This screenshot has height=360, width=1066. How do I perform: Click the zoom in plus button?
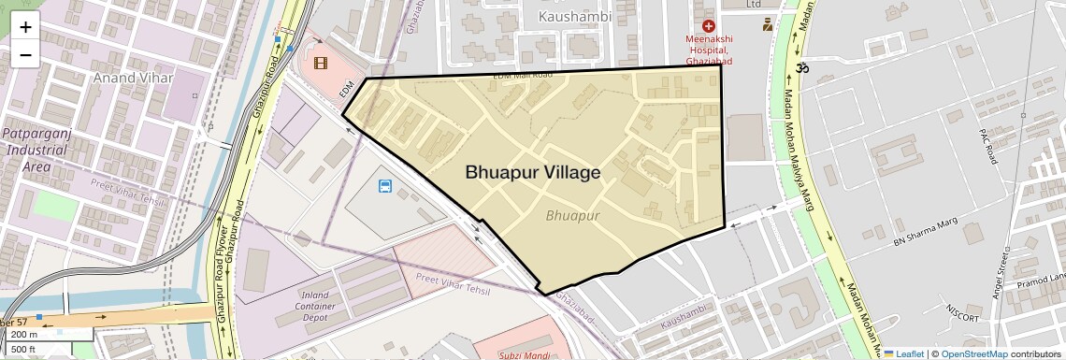[x=25, y=27]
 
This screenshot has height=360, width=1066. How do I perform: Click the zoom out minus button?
[x=25, y=54]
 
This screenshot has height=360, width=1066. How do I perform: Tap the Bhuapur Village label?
[x=532, y=172]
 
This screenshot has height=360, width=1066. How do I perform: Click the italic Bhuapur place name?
[x=572, y=215]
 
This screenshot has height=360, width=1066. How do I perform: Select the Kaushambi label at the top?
[x=575, y=16]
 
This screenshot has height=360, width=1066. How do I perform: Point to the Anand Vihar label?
[x=133, y=78]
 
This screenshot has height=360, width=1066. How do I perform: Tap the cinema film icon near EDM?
[x=322, y=63]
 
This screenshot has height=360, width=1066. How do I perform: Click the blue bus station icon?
[x=384, y=186]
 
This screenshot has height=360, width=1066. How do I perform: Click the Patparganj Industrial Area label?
[x=36, y=150]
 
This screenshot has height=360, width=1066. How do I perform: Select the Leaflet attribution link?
[x=903, y=353]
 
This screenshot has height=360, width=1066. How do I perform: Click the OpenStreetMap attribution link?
[x=973, y=353]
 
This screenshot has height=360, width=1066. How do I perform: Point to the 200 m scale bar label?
[x=25, y=334]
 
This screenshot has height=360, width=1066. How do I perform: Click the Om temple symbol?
[x=799, y=67]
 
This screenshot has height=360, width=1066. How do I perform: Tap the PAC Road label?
[x=988, y=147]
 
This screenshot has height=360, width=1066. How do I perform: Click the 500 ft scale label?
[x=24, y=349]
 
